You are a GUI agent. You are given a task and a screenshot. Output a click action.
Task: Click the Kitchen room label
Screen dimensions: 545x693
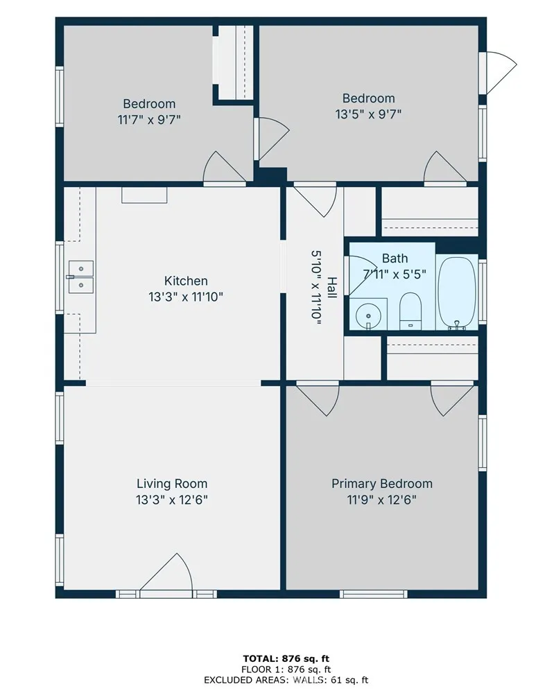(186, 281)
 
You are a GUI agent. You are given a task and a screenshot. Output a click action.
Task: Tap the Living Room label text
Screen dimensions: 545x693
(172, 484)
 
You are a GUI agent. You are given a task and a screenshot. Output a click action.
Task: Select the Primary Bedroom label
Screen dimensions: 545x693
(382, 484)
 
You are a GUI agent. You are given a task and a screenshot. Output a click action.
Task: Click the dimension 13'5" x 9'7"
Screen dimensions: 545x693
(368, 114)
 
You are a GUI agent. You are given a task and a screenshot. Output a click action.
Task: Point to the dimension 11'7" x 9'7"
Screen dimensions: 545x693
(149, 120)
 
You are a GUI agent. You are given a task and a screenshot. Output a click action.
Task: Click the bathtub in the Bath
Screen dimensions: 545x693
(457, 292)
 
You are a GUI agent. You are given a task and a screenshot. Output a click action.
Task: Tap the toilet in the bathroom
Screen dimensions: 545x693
(410, 310)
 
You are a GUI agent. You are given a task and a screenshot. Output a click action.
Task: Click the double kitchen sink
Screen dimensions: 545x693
(81, 277)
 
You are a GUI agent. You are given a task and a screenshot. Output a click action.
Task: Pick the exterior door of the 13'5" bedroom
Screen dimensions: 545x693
(501, 73)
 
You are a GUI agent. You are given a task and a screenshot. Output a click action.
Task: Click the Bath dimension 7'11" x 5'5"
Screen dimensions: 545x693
(395, 274)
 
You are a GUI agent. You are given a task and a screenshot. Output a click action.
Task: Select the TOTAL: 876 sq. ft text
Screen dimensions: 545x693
(286, 659)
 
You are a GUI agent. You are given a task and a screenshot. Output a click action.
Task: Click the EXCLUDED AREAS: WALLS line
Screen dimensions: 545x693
(286, 680)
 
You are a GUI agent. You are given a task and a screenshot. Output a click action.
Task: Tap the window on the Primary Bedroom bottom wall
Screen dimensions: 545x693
(373, 594)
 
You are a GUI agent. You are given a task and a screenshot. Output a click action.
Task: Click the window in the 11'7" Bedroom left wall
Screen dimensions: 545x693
(59, 97)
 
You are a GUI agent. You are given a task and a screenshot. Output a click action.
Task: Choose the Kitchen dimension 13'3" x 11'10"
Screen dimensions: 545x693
(186, 297)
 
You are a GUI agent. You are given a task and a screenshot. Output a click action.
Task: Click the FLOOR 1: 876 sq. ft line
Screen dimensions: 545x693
(286, 669)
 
